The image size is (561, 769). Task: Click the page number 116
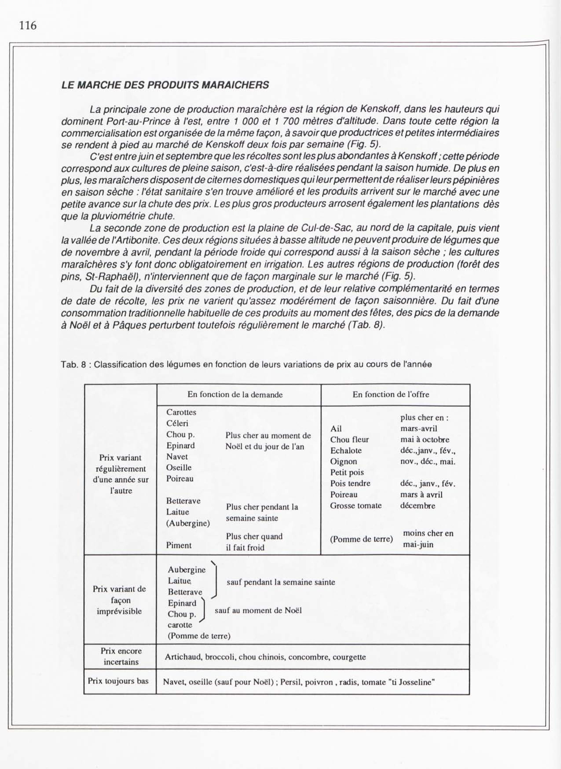tap(28, 26)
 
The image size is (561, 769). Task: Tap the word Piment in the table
tap(179, 545)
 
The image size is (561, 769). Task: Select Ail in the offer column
tap(336, 429)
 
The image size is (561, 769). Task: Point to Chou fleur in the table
tap(349, 440)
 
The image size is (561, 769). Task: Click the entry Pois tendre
tap(350, 483)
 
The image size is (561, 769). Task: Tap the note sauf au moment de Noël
tap(258, 610)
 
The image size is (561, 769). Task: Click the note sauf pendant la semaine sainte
tap(280, 582)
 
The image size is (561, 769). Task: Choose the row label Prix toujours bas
tap(118, 681)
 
